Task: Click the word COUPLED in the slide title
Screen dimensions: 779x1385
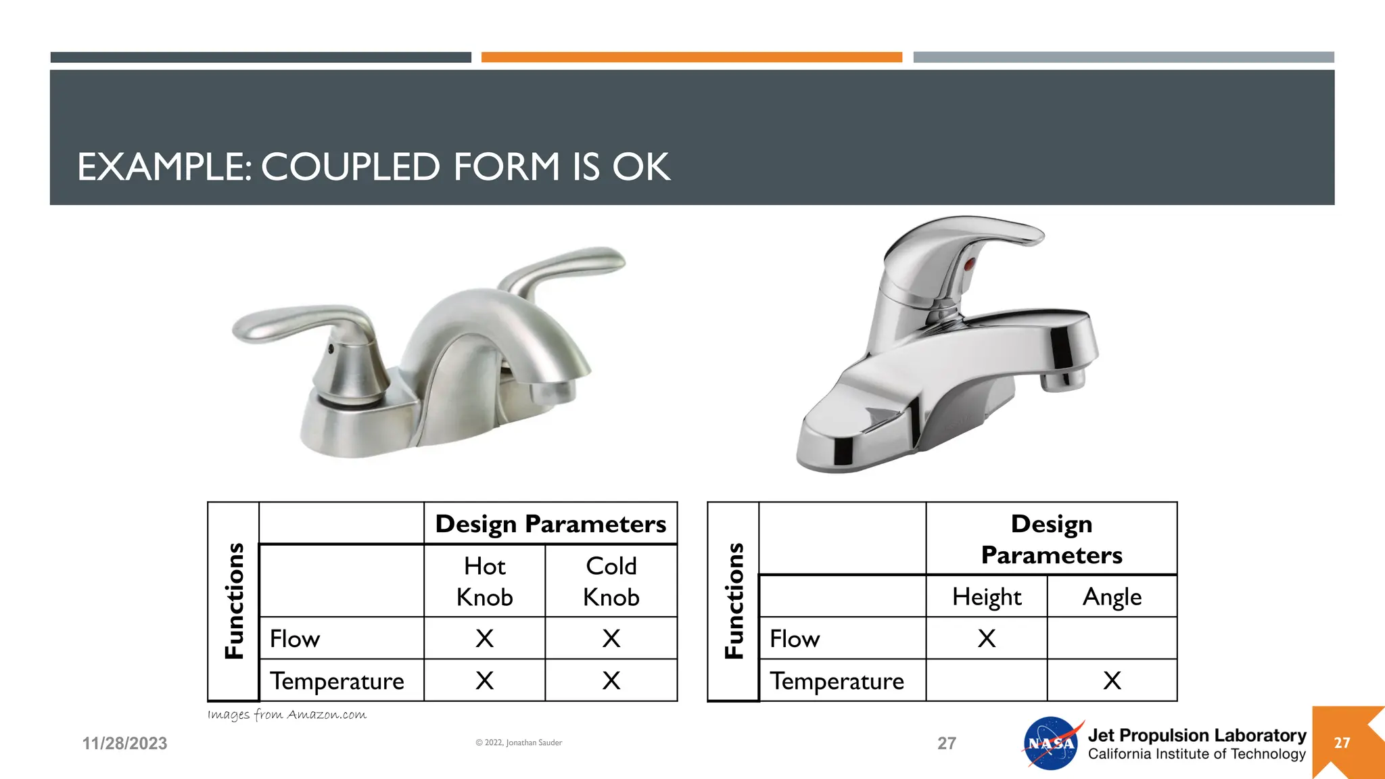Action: coord(350,167)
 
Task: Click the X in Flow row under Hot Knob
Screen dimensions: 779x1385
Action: coord(484,638)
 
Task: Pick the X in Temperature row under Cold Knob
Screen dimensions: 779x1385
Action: coord(611,680)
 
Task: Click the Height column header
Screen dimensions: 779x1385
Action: coord(987,597)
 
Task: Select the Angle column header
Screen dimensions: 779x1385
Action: coord(1112,597)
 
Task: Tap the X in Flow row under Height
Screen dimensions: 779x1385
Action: coord(987,638)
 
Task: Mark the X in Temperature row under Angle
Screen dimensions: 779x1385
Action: coord(1112,680)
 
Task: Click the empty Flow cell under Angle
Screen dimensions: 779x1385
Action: coord(1112,638)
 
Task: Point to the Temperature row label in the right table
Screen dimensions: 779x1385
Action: coord(837,681)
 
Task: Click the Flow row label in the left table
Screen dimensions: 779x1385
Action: coord(295,639)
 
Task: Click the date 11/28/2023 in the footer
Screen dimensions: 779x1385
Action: coord(124,744)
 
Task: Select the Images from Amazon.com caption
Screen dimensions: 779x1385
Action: coord(287,715)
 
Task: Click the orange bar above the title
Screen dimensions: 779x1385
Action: coord(691,57)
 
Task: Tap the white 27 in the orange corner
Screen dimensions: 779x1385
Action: coord(1342,743)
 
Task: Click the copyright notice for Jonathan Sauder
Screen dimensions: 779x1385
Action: coord(519,742)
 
